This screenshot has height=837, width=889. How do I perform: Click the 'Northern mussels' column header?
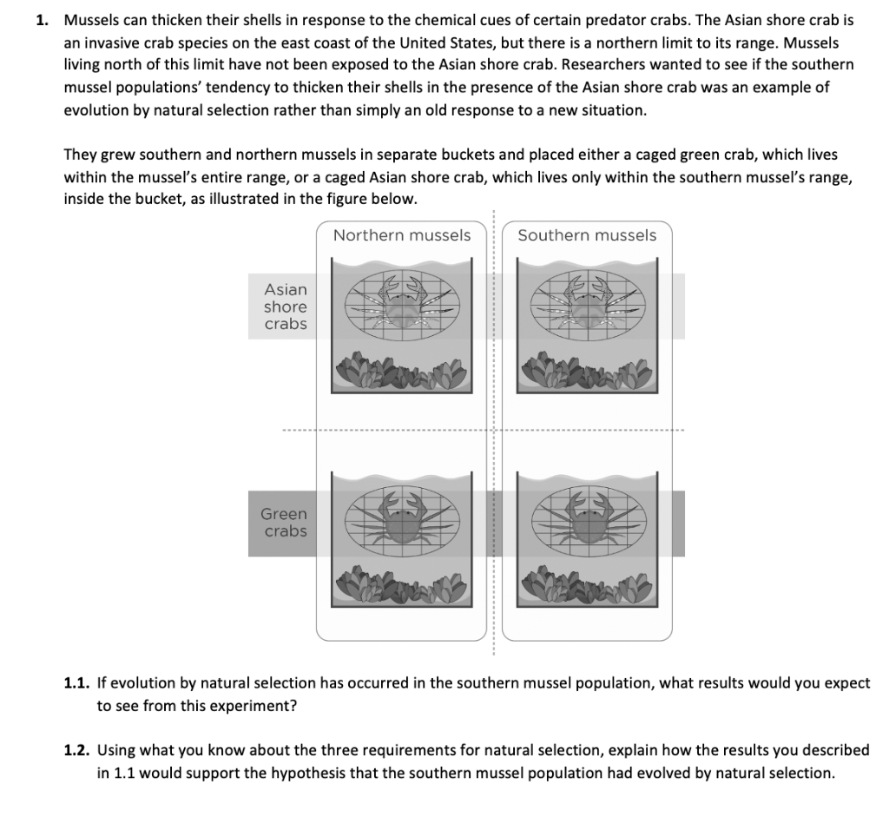coord(402,235)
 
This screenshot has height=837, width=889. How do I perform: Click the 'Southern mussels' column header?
coord(587,235)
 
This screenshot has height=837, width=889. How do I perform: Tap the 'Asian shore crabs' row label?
coord(286,306)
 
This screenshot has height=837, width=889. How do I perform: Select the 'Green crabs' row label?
coord(284,523)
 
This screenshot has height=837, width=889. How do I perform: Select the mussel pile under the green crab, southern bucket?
coord(587,584)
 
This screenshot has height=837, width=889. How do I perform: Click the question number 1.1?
coord(76,682)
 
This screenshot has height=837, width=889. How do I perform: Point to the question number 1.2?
coord(76,750)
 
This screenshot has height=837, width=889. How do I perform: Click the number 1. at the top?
coord(43,21)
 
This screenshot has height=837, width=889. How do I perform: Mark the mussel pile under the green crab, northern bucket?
coord(401,584)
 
